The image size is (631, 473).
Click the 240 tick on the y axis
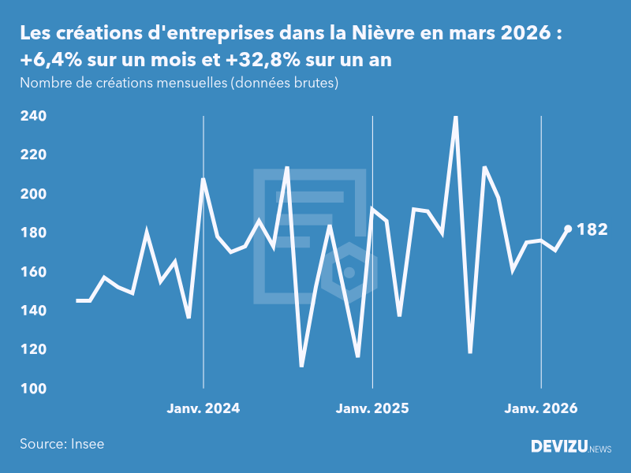[x=33, y=116]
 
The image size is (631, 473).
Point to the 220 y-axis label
[x=33, y=155]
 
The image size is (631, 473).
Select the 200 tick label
[x=33, y=194]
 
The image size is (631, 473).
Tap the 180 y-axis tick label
[x=33, y=233]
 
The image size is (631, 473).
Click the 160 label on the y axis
[x=33, y=272]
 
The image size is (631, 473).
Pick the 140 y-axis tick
[x=33, y=311]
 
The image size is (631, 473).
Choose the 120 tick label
[x=33, y=350]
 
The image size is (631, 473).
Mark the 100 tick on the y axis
[x=33, y=389]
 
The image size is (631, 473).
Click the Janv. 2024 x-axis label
[x=203, y=408]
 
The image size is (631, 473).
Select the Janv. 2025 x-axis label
[x=372, y=408]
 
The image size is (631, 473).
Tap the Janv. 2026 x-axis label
[x=541, y=408]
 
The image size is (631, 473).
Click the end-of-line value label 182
[x=592, y=229]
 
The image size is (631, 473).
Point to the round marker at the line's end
[x=568, y=229]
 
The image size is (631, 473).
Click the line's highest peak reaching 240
[x=456, y=117]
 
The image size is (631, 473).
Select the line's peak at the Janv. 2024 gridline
[x=203, y=179]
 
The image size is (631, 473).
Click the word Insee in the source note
[x=87, y=444]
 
